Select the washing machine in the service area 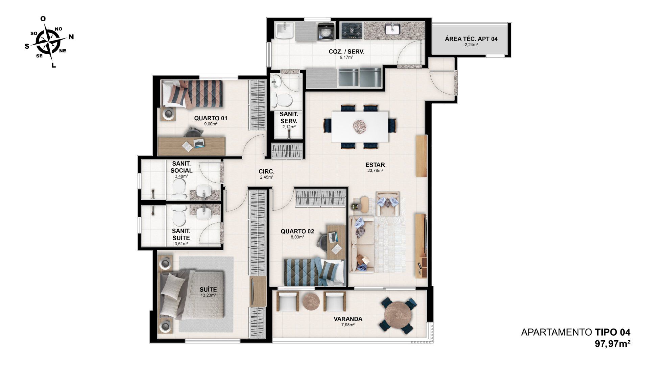[x=326, y=31]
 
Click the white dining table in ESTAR [x=360, y=127]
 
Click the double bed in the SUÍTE [x=192, y=294]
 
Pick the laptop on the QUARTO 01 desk [x=199, y=143]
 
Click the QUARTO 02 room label [x=297, y=232]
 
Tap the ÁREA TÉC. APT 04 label [x=471, y=39]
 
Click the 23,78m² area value [x=375, y=171]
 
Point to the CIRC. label [x=267, y=171]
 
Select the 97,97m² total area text [x=612, y=344]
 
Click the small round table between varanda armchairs [x=311, y=301]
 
